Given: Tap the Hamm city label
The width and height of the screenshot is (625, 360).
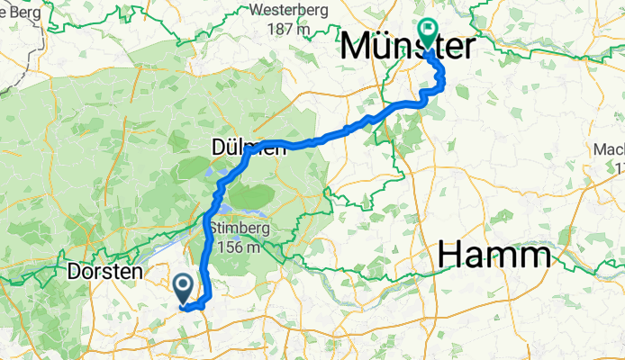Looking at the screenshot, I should [494, 256].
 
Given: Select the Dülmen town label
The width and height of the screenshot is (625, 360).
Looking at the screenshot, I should [249, 148].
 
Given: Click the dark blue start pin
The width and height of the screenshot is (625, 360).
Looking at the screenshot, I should [183, 289].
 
